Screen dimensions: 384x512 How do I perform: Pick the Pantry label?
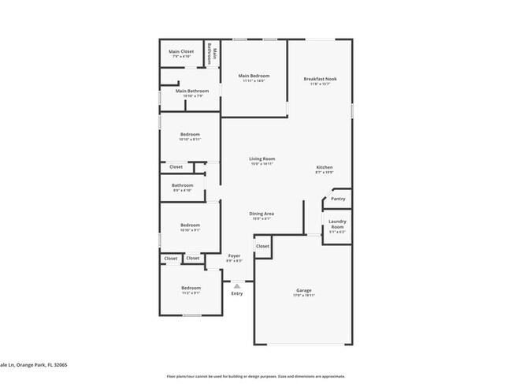point(337,199)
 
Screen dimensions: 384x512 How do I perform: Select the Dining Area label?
point(261,215)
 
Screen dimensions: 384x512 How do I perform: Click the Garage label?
point(304,292)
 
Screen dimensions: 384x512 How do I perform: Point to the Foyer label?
point(234,258)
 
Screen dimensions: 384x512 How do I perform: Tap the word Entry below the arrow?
point(236,293)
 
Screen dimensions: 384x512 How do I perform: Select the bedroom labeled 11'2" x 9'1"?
point(191,289)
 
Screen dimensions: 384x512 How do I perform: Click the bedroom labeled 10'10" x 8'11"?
point(190,136)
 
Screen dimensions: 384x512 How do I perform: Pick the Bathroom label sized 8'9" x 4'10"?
point(182,188)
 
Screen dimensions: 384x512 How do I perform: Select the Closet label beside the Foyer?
point(262,246)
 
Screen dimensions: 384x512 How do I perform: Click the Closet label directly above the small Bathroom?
point(176,166)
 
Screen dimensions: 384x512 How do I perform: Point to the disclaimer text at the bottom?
point(255,376)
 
